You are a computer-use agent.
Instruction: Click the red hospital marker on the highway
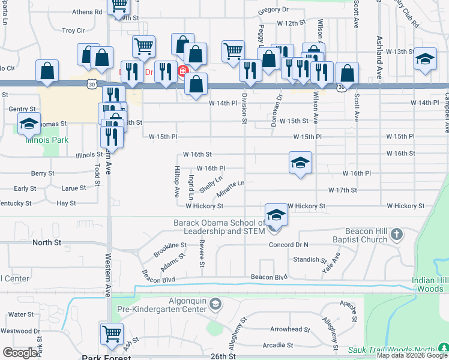[x=182, y=71]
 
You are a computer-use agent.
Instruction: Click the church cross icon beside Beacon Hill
[x=396, y=233]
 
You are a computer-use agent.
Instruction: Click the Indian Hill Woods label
[x=430, y=284]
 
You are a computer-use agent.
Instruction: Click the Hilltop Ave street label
[x=177, y=182]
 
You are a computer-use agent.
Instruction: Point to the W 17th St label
[x=342, y=190]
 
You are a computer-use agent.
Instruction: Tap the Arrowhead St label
[x=289, y=329]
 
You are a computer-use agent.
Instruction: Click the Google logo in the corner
[x=20, y=353]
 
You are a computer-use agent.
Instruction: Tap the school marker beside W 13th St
[x=425, y=59]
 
